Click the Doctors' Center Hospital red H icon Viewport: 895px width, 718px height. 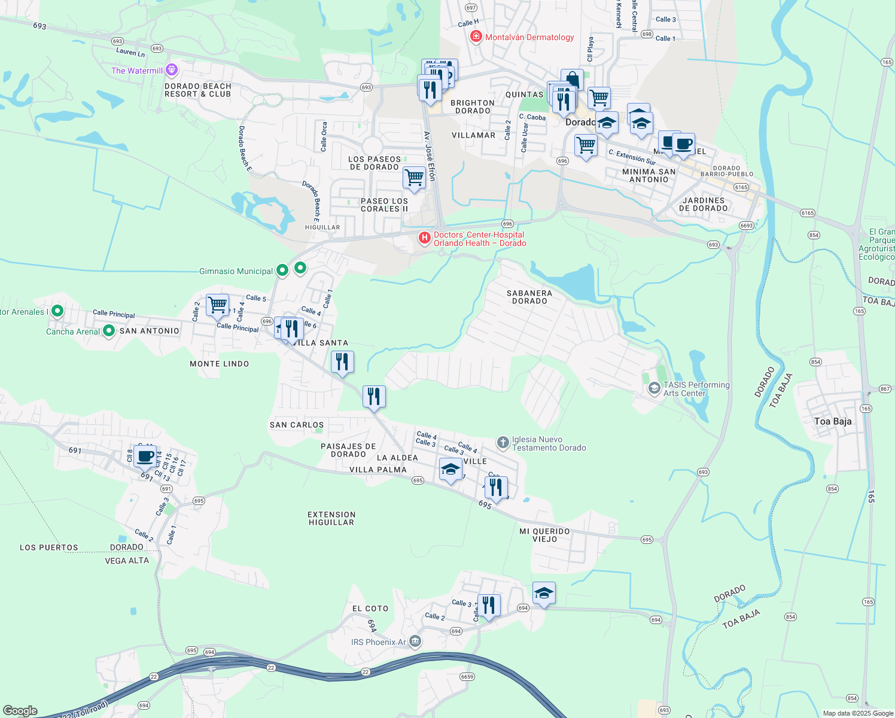point(424,239)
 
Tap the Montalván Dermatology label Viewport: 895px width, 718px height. point(529,37)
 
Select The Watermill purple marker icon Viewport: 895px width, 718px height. point(172,70)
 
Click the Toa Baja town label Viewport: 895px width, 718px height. point(833,421)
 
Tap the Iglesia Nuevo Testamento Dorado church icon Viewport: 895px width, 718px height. point(503,443)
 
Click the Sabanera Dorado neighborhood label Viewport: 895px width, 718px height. point(529,297)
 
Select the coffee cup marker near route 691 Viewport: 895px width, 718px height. point(145,457)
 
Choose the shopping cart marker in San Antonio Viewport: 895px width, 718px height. point(218,305)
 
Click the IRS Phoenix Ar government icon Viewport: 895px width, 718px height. point(415,642)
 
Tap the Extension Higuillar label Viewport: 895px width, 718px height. point(331,518)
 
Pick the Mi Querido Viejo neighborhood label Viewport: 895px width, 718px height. point(545,535)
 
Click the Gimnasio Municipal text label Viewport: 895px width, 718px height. point(236,271)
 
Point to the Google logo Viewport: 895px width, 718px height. point(20,711)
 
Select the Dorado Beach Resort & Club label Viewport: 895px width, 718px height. point(198,90)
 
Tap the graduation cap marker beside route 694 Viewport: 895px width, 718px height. point(544,593)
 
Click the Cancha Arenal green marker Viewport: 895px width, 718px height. point(109,330)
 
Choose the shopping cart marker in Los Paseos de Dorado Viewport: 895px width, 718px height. point(414,177)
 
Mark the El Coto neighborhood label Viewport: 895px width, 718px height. point(370,609)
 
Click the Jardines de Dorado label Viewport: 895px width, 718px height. point(704,204)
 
